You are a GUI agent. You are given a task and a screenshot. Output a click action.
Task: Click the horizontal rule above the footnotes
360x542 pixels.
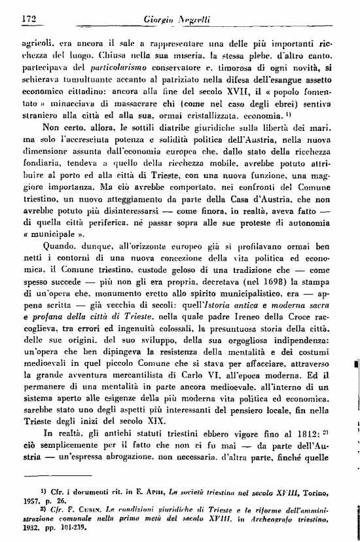point(58,476)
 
